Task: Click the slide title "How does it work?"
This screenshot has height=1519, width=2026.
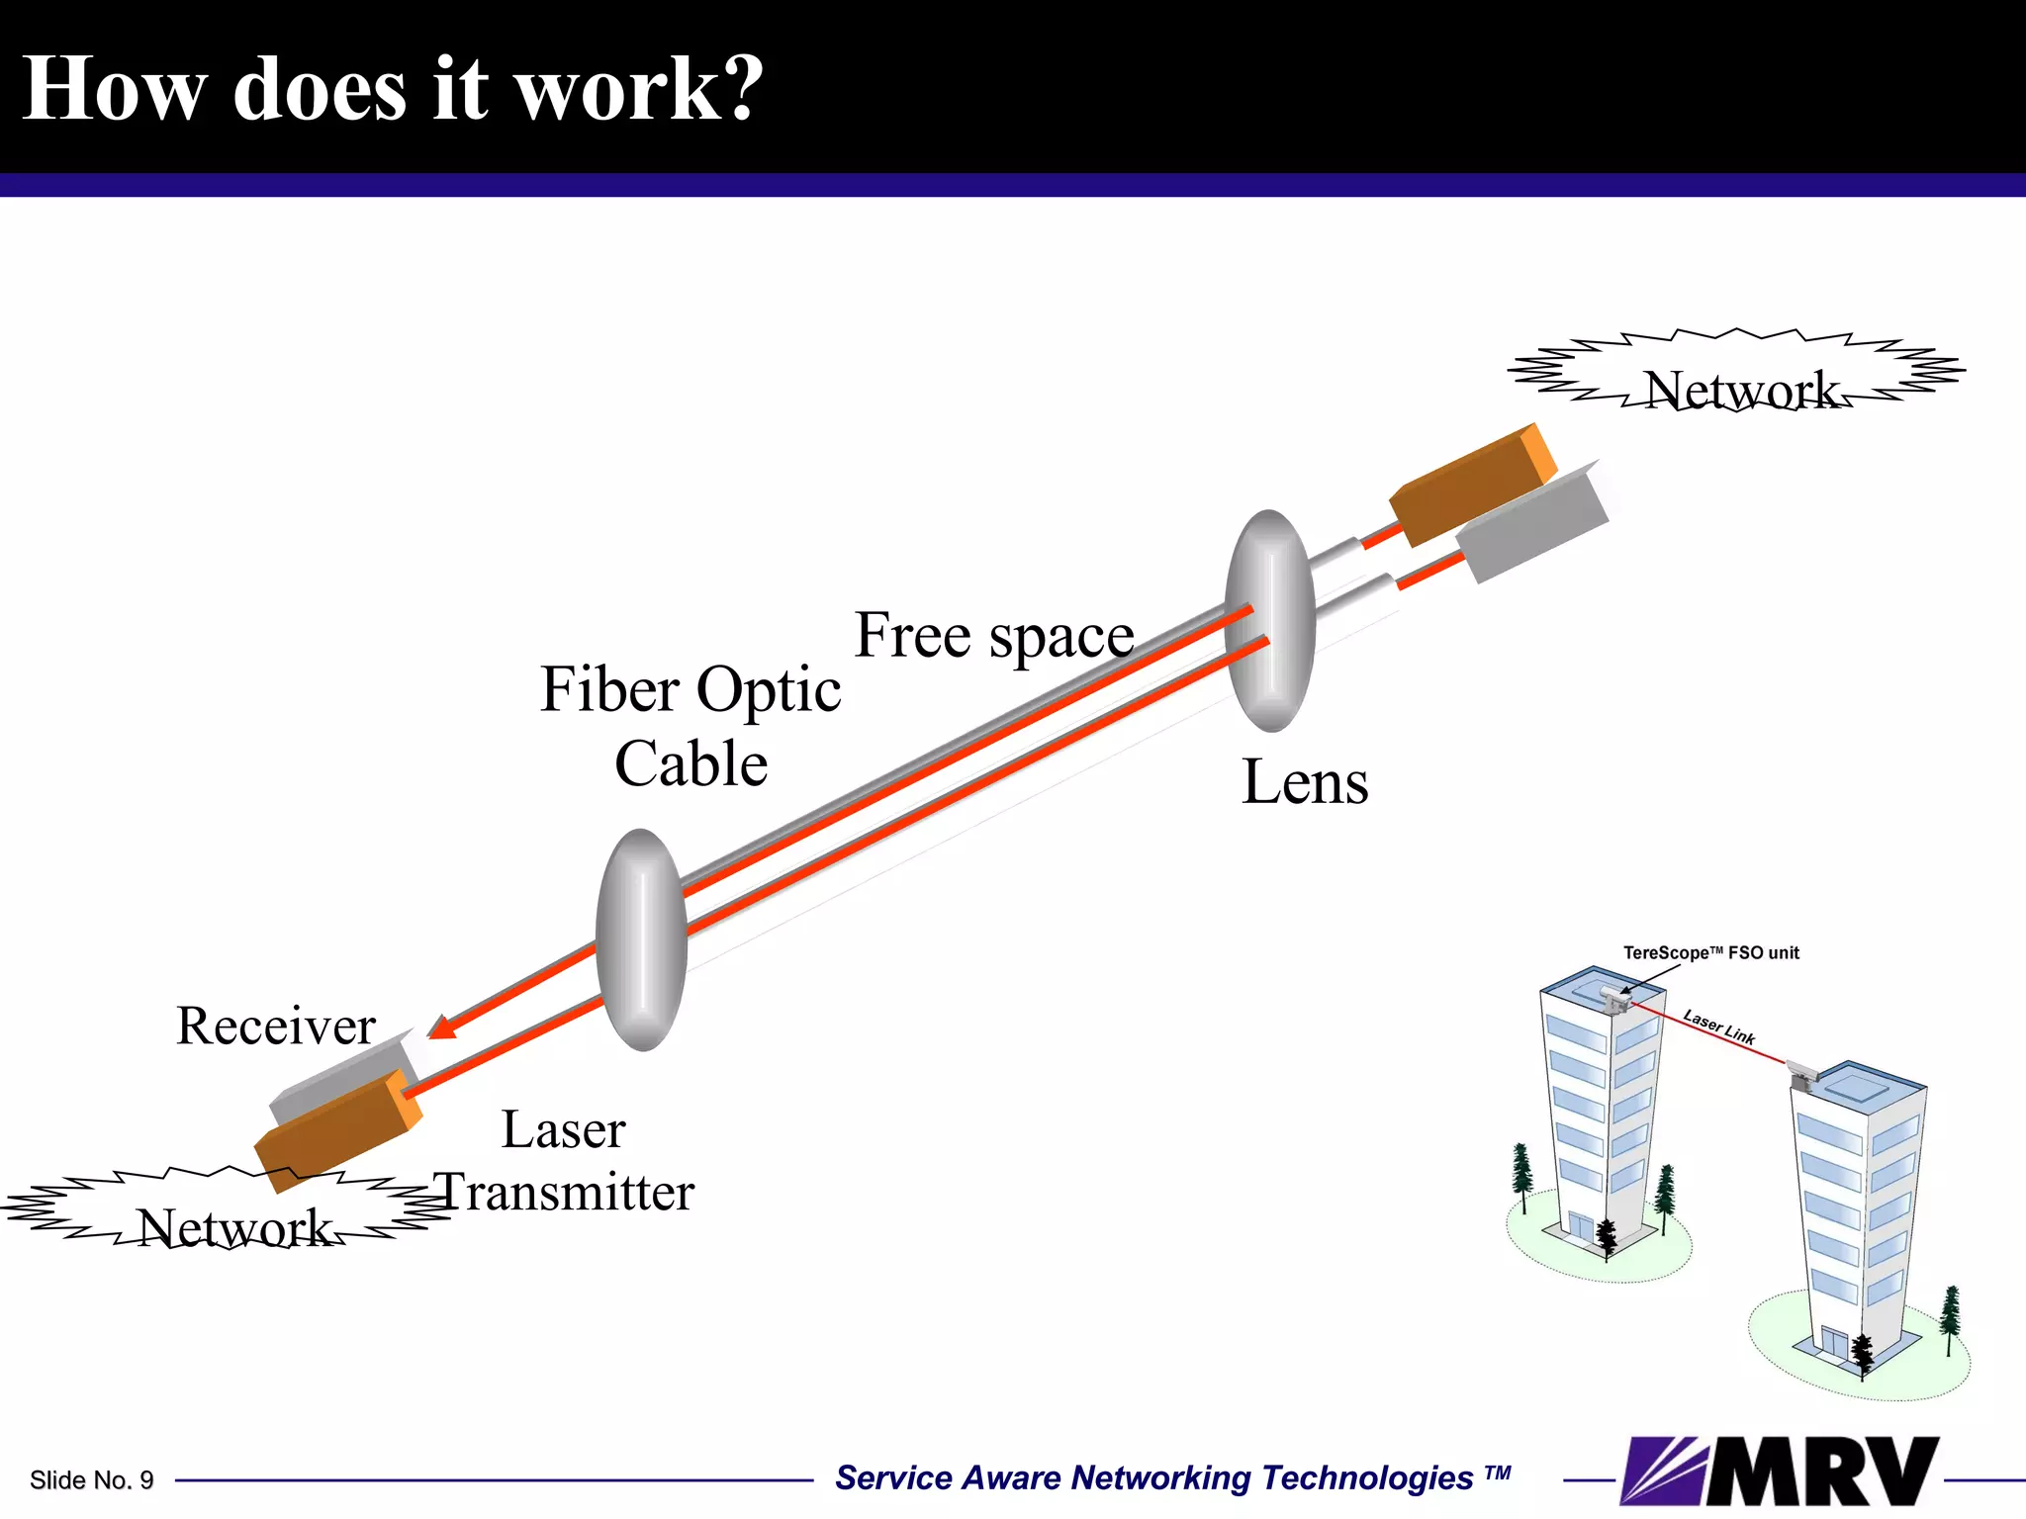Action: click(393, 89)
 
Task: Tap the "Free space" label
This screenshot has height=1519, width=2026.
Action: click(994, 635)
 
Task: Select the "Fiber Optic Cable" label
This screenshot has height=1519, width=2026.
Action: click(691, 727)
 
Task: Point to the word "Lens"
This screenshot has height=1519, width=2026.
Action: click(1305, 782)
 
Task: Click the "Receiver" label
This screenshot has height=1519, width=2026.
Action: click(276, 1026)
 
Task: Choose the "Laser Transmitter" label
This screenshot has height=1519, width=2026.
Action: click(564, 1161)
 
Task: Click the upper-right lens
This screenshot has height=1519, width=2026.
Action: click(1270, 621)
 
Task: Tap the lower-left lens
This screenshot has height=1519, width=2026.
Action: click(642, 939)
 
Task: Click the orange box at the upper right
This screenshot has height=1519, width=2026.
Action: click(1472, 485)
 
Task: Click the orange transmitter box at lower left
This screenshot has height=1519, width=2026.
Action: click(336, 1132)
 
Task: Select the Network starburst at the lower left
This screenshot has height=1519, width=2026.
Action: click(228, 1211)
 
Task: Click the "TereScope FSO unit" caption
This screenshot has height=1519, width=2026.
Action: click(1711, 953)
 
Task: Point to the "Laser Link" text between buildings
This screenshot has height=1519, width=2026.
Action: click(1719, 1028)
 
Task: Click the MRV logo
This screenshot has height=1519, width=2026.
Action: click(1781, 1471)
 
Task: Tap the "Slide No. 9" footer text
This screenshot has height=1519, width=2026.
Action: click(92, 1480)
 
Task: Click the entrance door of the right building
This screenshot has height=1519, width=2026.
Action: click(1834, 1344)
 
